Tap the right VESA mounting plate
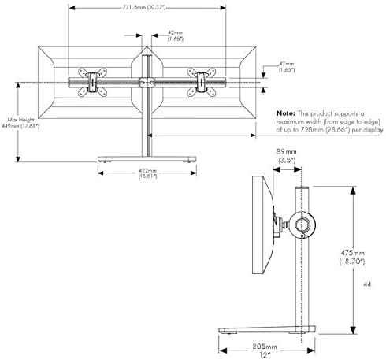click(x=199, y=82)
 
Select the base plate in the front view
click(x=146, y=160)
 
